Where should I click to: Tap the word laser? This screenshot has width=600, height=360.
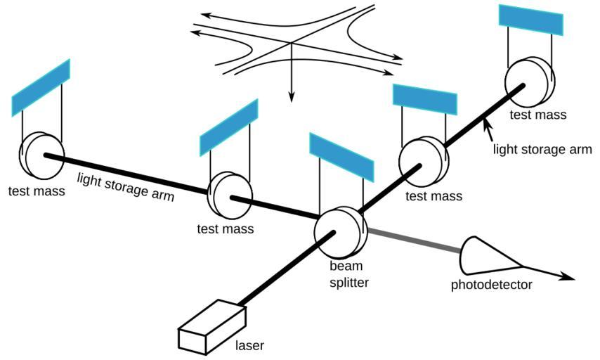249,345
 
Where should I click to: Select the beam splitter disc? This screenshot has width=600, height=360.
340,235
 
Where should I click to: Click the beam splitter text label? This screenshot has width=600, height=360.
349,274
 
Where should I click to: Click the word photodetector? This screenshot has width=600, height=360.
491,285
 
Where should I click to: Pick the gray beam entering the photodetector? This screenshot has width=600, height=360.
415,240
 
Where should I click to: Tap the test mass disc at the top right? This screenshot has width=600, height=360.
528,82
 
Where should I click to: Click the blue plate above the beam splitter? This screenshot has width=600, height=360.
340,155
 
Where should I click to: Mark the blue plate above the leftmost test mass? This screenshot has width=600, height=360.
41,87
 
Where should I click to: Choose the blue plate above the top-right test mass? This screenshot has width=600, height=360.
531,22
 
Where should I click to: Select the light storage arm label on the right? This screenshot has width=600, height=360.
542,149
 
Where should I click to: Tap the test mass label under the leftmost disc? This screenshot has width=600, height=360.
37,191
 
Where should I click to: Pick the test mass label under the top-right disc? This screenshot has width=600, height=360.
537,115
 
